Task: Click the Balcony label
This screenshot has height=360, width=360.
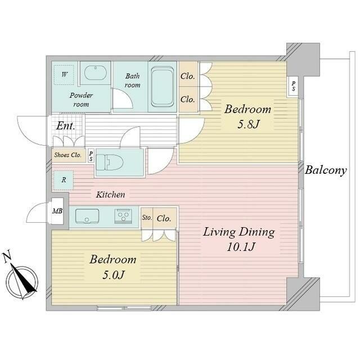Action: [326, 170]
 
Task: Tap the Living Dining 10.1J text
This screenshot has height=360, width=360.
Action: [238, 238]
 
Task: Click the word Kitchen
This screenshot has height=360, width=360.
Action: [110, 195]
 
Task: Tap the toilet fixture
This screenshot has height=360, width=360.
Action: [111, 163]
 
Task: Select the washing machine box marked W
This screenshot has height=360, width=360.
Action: [64, 74]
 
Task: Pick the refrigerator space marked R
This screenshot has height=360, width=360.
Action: [64, 180]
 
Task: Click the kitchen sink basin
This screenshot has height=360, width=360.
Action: [87, 215]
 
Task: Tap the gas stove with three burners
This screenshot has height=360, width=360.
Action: [124, 215]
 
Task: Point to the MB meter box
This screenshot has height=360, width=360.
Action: [57, 211]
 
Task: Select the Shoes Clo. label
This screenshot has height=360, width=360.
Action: [67, 155]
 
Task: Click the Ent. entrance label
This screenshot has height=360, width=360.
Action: [65, 125]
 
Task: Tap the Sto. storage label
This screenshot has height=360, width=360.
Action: [146, 218]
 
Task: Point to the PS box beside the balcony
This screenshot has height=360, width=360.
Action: [294, 86]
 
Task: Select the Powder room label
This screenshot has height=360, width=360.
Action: [81, 100]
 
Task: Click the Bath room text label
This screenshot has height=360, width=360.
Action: [133, 80]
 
